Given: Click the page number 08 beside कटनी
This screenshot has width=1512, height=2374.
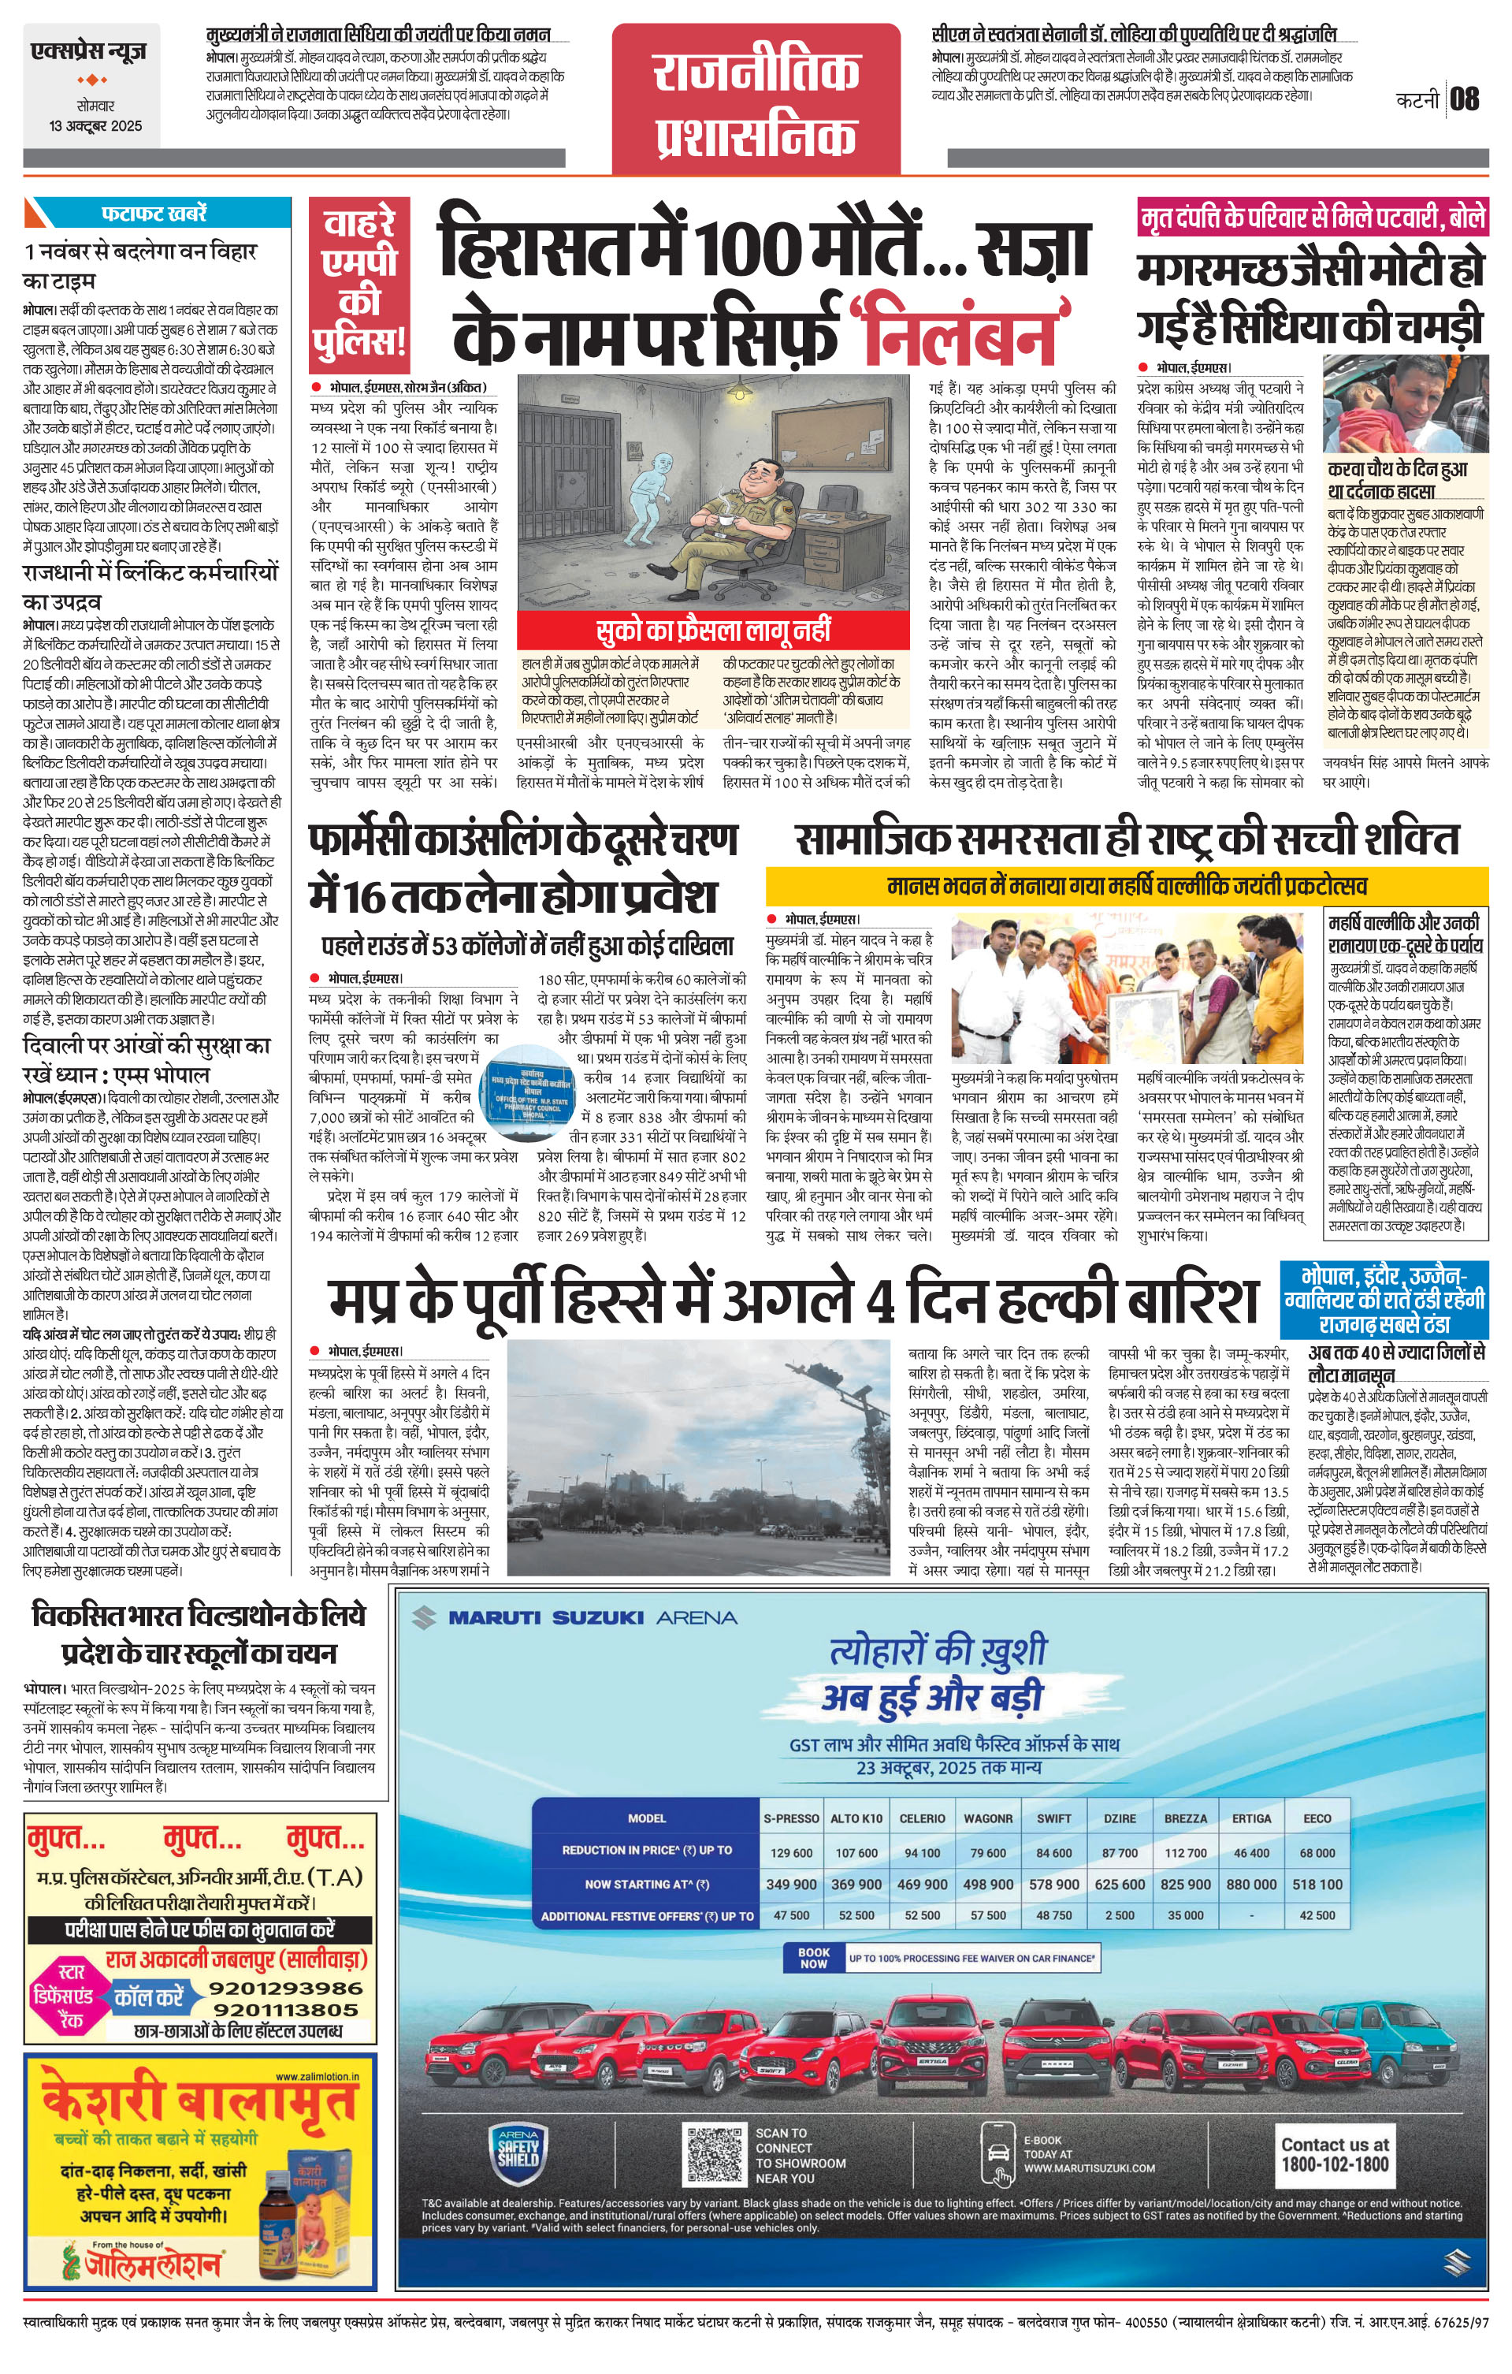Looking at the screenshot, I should coord(1465,99).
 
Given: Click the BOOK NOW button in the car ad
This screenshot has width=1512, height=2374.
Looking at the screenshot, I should coord(813,1958).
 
